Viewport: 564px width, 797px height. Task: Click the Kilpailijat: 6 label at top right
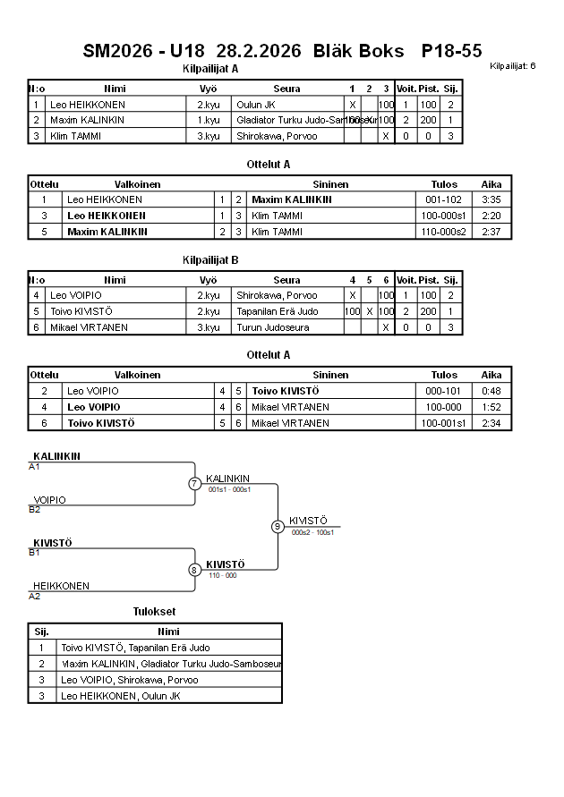click(x=513, y=66)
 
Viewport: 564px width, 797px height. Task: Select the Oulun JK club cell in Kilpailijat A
click(x=256, y=105)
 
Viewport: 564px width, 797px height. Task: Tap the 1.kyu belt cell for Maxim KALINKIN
click(x=209, y=120)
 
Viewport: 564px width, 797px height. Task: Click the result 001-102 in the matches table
click(x=443, y=199)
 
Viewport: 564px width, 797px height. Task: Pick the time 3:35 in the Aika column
click(x=491, y=199)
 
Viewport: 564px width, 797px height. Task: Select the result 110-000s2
click(x=443, y=232)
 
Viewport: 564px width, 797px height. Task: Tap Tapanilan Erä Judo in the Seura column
click(x=278, y=311)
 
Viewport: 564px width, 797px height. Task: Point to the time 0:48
click(x=491, y=391)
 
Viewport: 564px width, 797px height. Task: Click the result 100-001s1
click(x=443, y=423)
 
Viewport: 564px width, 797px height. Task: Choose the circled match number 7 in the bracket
click(x=194, y=484)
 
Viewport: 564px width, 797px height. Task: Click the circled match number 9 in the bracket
click(x=278, y=526)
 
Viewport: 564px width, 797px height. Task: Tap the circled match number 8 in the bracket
click(x=194, y=569)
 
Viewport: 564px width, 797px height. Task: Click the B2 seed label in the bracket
click(x=35, y=510)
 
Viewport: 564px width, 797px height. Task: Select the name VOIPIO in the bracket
click(x=49, y=500)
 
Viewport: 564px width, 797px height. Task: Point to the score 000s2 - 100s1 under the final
click(x=312, y=533)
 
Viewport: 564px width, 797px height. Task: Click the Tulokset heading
click(x=154, y=612)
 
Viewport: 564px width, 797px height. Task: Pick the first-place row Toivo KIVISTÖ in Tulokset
click(x=135, y=648)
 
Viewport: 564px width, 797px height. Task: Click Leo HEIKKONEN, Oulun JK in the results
click(x=121, y=696)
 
